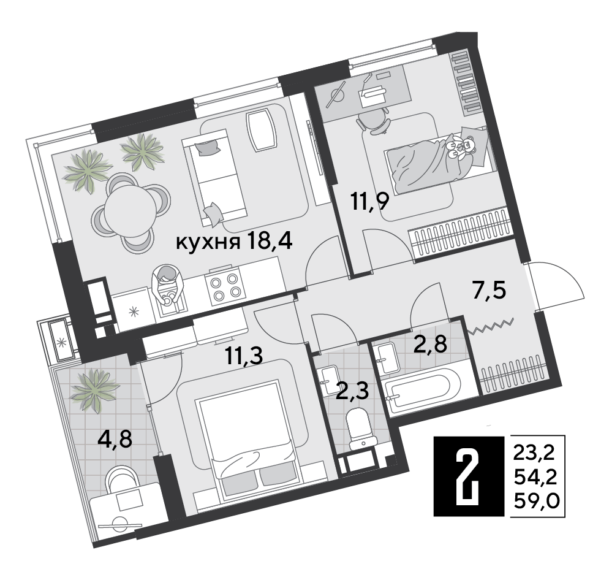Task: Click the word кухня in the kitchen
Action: (x=208, y=242)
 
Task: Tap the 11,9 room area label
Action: (x=370, y=201)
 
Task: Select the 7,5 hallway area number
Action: (x=489, y=291)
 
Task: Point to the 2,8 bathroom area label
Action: (x=431, y=343)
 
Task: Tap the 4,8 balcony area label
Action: (x=115, y=439)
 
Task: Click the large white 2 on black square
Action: (x=469, y=476)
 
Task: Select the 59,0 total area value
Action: (x=537, y=500)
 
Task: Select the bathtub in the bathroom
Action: (x=422, y=388)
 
